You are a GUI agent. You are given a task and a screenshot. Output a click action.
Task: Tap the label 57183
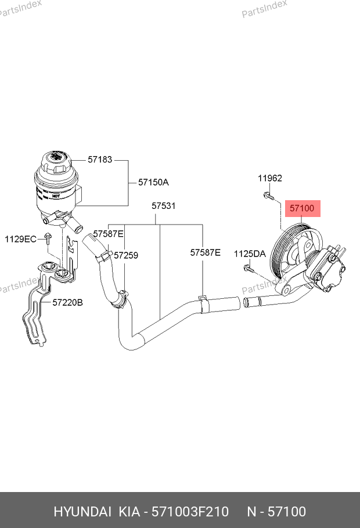click(x=100, y=159)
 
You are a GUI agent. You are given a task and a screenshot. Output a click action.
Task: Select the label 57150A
click(x=153, y=182)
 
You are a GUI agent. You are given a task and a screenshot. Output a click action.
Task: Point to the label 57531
click(x=164, y=206)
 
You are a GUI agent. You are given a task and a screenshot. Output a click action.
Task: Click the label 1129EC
click(x=21, y=238)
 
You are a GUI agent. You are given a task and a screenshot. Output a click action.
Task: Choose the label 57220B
click(x=68, y=302)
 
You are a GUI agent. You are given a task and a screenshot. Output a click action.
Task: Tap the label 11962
click(x=270, y=178)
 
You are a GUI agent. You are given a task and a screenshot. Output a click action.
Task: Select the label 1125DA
click(x=250, y=254)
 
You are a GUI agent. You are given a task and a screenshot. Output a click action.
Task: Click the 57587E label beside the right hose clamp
click(x=206, y=252)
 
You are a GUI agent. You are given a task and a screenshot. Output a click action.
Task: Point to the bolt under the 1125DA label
click(x=248, y=268)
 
